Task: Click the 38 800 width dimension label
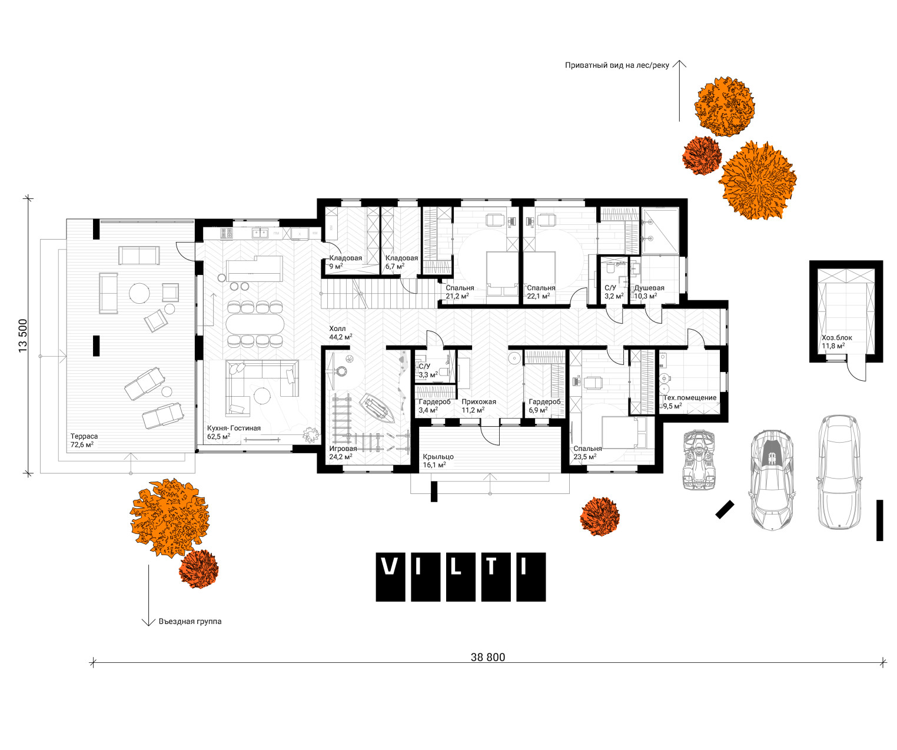click(487, 657)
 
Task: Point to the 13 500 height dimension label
click(23, 336)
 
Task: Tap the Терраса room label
click(84, 436)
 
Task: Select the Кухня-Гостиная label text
click(234, 428)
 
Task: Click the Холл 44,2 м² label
click(341, 333)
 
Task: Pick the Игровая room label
click(343, 449)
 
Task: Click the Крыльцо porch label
click(438, 457)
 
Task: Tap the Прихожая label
click(479, 402)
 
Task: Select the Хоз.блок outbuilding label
click(837, 338)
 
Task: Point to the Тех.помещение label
click(689, 397)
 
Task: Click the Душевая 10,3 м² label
click(649, 292)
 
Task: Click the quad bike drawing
click(699, 460)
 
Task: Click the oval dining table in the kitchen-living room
click(255, 324)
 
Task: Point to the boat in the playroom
click(376, 408)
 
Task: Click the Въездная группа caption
click(190, 622)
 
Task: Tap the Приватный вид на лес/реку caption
click(617, 65)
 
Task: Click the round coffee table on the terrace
click(139, 293)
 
